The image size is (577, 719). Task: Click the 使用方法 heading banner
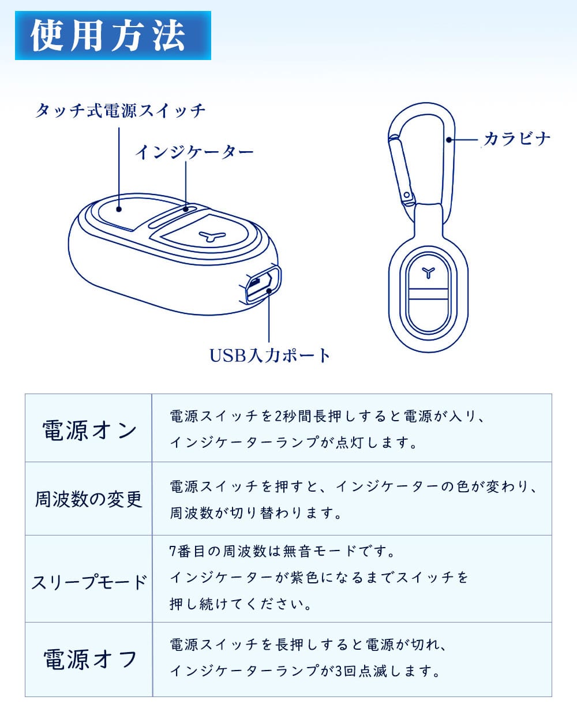pyautogui.click(x=113, y=35)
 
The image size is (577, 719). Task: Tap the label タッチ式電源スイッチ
pyautogui.click(x=120, y=111)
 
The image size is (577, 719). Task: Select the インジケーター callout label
pyautogui.click(x=194, y=152)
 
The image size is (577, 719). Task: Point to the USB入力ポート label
pyautogui.click(x=269, y=355)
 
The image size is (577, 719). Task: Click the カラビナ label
pyautogui.click(x=517, y=138)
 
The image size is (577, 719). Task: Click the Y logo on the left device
pyautogui.click(x=212, y=236)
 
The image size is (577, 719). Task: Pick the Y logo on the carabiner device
pyautogui.click(x=428, y=272)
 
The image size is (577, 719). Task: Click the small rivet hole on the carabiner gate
pyautogui.click(x=407, y=195)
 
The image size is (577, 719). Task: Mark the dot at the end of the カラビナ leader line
pyautogui.click(x=449, y=140)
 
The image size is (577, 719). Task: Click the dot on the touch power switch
pyautogui.click(x=119, y=209)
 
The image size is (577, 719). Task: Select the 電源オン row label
pyautogui.click(x=89, y=430)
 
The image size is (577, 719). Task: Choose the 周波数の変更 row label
pyautogui.click(x=89, y=499)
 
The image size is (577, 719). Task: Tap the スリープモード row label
pyautogui.click(x=89, y=582)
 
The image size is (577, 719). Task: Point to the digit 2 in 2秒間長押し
pyautogui.click(x=278, y=417)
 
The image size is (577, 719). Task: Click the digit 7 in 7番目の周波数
pyautogui.click(x=173, y=551)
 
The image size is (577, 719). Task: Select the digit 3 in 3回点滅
pyautogui.click(x=339, y=671)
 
